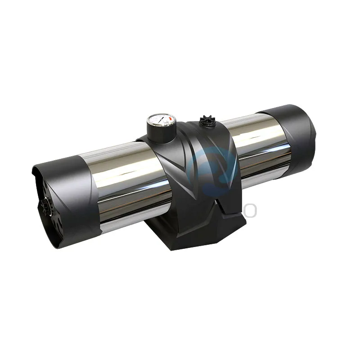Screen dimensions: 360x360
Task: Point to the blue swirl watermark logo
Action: (211, 166)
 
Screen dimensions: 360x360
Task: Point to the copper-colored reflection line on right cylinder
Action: (261, 151)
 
